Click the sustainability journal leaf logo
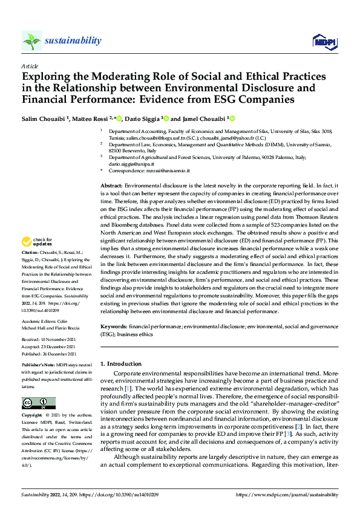(31, 41)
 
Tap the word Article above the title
(30, 66)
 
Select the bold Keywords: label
(114, 326)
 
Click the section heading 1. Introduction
(120, 364)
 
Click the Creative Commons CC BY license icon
(38, 403)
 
